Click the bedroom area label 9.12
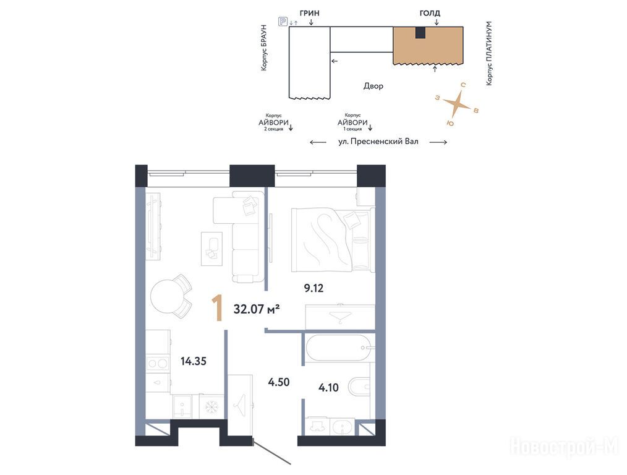(313, 288)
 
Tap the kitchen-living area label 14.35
(194, 361)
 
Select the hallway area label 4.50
(279, 382)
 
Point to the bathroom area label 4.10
(328, 387)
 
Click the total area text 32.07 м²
(257, 309)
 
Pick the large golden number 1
(218, 308)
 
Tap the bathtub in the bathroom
(339, 348)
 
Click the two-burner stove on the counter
(158, 364)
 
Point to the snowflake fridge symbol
(211, 407)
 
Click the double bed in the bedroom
(333, 239)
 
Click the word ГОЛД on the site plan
(430, 14)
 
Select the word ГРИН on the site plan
(310, 13)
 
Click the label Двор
(373, 86)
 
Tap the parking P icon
(283, 22)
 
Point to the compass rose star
(457, 105)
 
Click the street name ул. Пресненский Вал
(378, 142)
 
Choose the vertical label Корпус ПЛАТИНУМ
(489, 53)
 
